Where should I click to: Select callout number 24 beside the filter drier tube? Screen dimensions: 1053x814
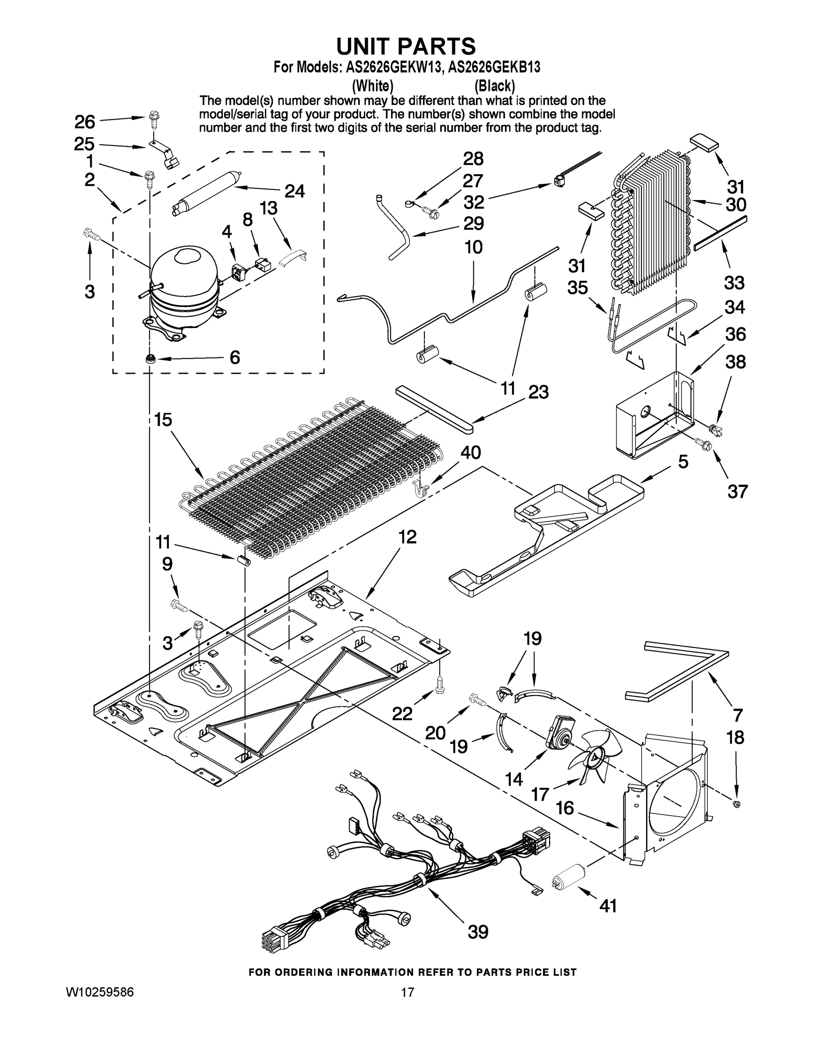click(x=294, y=191)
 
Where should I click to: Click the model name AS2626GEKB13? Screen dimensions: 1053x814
click(x=494, y=68)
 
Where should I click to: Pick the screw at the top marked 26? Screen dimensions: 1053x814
click(x=155, y=118)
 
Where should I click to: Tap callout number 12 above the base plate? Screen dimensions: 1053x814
click(x=408, y=537)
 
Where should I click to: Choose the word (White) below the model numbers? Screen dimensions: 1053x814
click(x=373, y=86)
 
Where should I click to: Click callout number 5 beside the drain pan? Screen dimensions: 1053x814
click(x=683, y=462)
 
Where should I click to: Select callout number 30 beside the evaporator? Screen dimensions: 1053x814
click(x=736, y=204)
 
